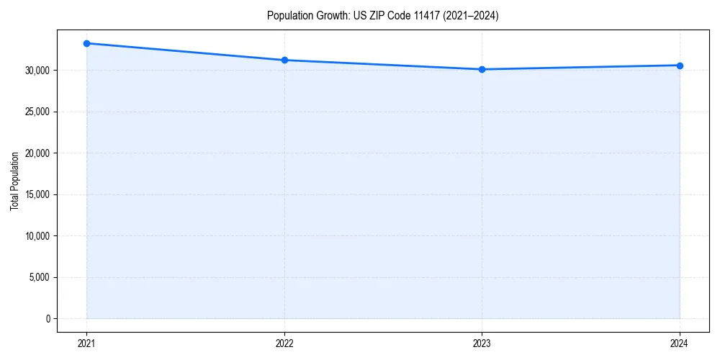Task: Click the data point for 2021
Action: tap(86, 43)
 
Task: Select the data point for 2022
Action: tap(284, 60)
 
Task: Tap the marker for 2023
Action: tap(482, 69)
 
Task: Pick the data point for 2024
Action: tap(680, 66)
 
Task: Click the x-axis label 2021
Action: tap(86, 343)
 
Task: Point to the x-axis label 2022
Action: tap(284, 343)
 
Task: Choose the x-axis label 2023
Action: tap(482, 343)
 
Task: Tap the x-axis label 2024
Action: tap(680, 343)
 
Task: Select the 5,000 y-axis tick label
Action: tap(40, 277)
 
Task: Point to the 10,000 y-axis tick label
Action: tap(38, 236)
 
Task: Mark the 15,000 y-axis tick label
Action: tap(38, 194)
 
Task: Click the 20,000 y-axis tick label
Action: tap(38, 153)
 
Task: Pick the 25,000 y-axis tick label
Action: tap(38, 112)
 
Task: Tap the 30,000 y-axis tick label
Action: tap(38, 71)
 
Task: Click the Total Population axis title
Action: tap(14, 181)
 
